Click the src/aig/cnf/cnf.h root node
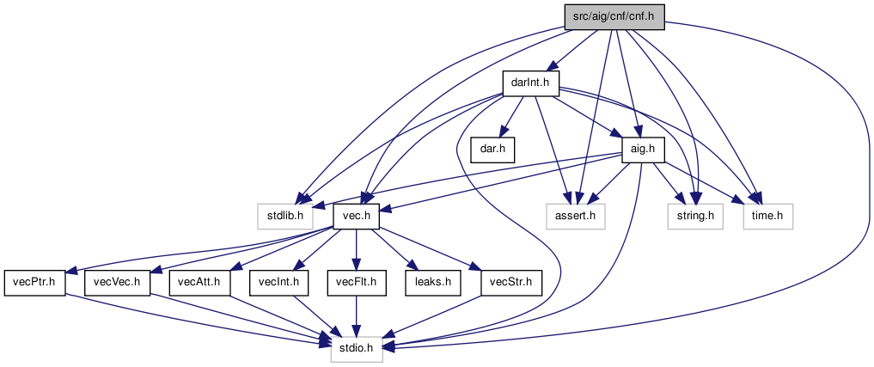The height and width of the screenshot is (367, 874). tap(614, 17)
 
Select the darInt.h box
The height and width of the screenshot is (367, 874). tap(530, 83)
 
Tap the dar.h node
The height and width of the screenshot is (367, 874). tap(492, 150)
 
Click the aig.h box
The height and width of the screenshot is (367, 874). tap(643, 150)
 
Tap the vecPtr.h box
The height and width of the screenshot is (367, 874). tap(34, 283)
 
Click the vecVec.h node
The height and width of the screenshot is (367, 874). tap(117, 283)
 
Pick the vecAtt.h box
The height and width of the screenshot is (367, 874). tap(199, 283)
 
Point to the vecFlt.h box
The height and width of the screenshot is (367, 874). tap(357, 283)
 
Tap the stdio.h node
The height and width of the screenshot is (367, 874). tap(357, 349)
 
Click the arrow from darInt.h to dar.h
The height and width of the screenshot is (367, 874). tap(511, 117)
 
